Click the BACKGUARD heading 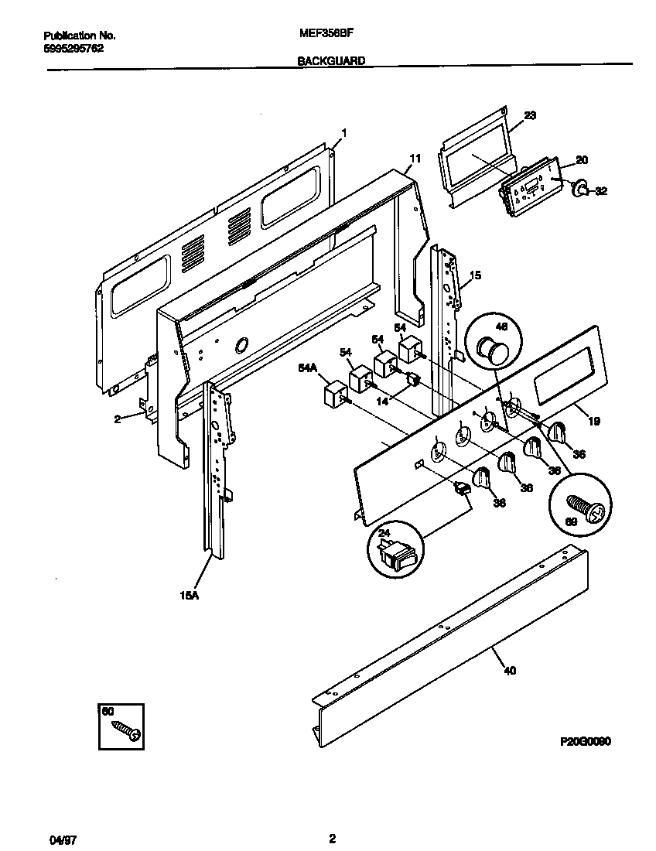pos(331,60)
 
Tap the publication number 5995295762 pos(73,47)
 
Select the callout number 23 pos(530,115)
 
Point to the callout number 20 pos(582,160)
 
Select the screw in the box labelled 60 pos(126,730)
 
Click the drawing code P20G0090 pos(586,741)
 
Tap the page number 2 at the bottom pos(332,839)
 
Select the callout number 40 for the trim pos(510,670)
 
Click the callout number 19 pos(594,422)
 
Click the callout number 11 pos(415,158)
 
